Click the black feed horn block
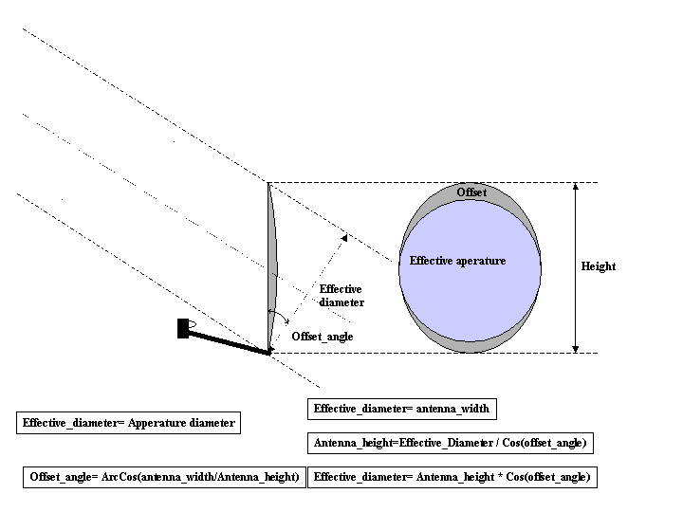coord(183,329)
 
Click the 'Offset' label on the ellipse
coord(471,192)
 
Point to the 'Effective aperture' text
coord(457,261)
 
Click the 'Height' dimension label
coord(598,266)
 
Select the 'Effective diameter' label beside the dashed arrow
coord(341,296)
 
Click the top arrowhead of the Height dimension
coord(575,188)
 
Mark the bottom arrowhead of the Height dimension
coord(575,348)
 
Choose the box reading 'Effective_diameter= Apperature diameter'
coord(128,424)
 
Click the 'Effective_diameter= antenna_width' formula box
coord(401,410)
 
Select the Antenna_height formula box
coord(451,443)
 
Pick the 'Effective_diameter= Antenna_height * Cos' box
coord(452,477)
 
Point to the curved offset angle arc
coord(274,315)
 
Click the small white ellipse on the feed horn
coord(192,327)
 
